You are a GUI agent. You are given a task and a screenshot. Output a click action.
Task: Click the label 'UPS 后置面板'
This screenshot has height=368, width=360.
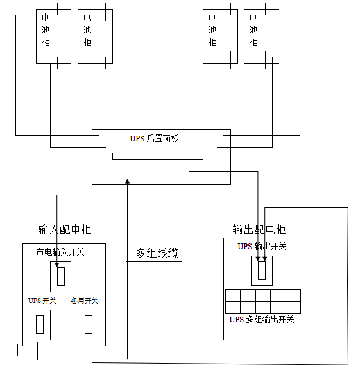coord(154,139)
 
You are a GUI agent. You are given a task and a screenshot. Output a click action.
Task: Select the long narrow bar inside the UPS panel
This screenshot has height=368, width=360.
coord(158,156)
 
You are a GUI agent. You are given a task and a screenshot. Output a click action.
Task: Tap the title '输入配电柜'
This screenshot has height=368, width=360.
coord(65,229)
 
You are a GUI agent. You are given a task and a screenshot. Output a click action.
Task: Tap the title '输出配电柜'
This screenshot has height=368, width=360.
coord(259,229)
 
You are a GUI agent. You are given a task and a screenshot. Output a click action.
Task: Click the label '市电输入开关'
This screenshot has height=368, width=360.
coord(60,252)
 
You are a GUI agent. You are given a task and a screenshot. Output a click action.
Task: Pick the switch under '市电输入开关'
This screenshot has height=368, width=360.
coord(61,277)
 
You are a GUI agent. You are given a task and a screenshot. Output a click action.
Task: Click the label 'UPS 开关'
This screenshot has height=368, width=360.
coord(42,301)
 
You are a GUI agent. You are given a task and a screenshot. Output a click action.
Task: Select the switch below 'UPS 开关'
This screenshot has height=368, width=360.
coord(40,325)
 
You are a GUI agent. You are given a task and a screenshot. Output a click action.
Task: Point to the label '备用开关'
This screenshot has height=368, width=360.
coord(85,301)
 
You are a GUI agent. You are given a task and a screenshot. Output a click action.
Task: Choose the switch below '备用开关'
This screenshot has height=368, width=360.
coord(89,325)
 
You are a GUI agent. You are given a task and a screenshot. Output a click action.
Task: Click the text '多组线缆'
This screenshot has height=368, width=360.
coord(157,253)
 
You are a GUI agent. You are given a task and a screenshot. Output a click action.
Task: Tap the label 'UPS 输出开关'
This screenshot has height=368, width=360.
coord(262,247)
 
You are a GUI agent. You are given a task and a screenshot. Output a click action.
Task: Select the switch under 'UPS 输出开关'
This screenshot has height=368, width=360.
coord(262,270)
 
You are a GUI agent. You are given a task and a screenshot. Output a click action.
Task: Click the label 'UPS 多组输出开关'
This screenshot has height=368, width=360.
coord(262,320)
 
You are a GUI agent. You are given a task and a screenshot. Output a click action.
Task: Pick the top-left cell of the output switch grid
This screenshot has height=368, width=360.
coord(233,295)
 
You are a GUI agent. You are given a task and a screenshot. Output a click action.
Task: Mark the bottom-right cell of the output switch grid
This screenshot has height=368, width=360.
coord(293,308)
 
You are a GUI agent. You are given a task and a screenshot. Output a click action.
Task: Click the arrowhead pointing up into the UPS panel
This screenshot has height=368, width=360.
coord(127,181)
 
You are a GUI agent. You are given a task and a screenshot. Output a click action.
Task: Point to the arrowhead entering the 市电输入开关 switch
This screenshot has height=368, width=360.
coord(56,265)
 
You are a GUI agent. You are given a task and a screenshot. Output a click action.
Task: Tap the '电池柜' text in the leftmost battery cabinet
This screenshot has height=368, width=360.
coord(46,30)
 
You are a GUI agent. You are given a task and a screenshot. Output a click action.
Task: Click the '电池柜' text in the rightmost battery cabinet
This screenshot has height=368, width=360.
coord(253,30)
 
